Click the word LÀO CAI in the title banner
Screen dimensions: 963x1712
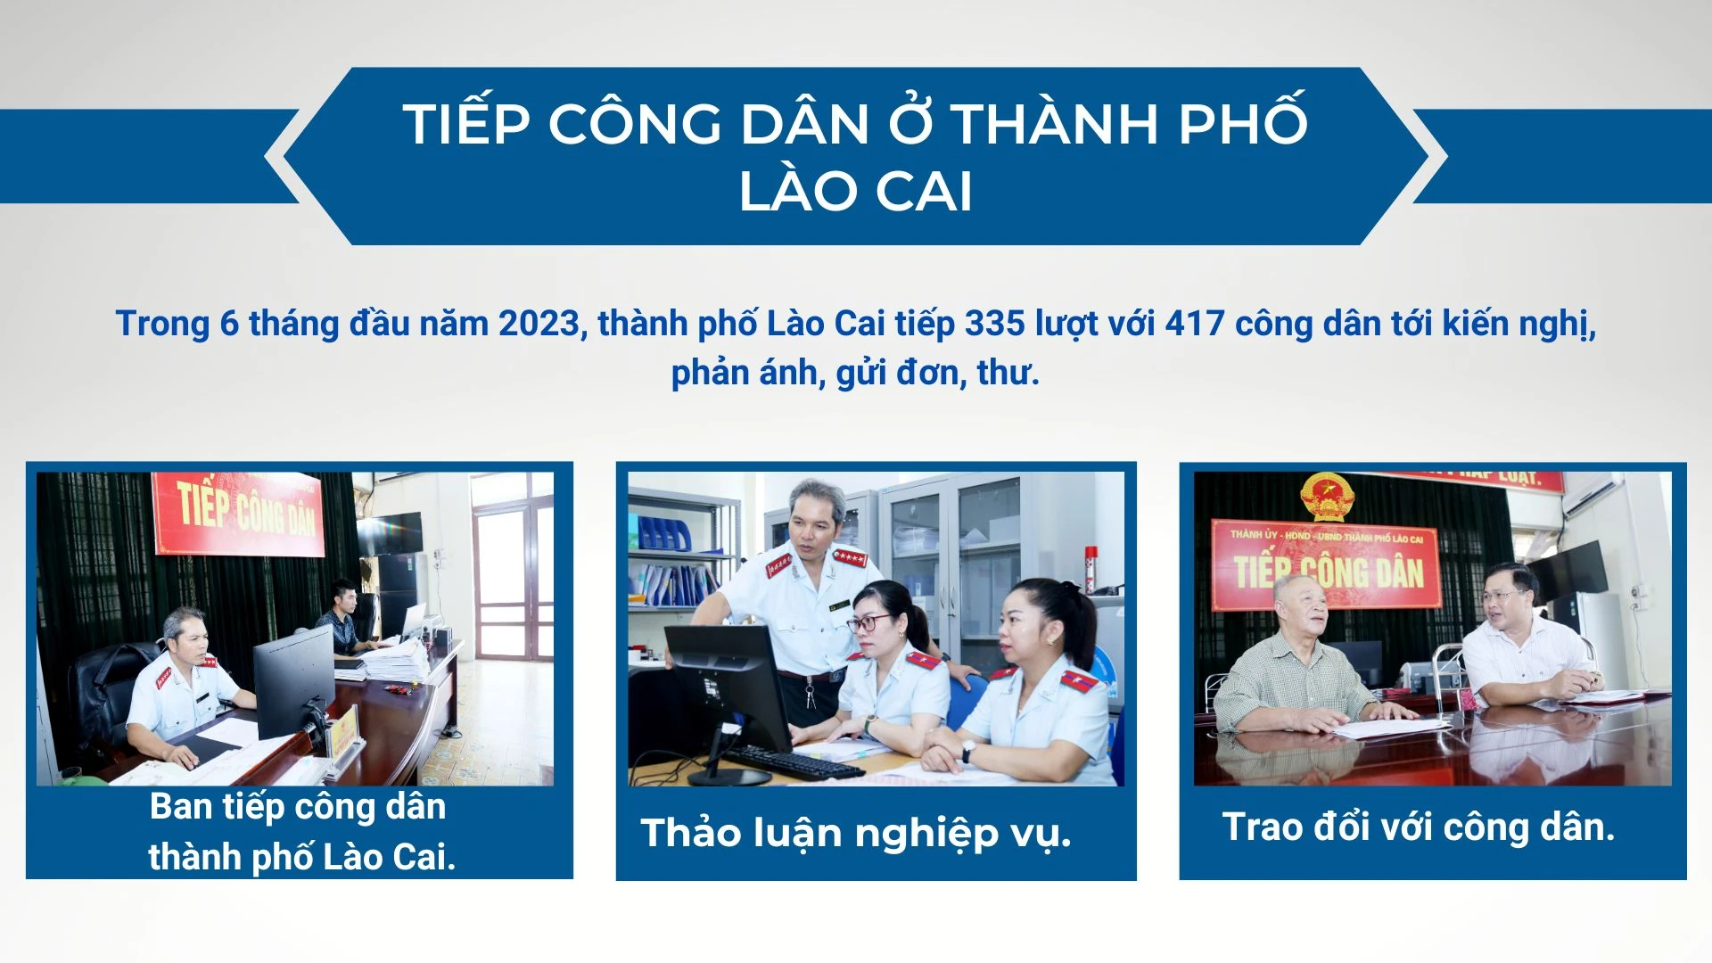(x=855, y=191)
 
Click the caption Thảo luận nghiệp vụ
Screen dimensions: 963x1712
(x=855, y=833)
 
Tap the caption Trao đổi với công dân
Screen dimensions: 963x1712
(x=1418, y=827)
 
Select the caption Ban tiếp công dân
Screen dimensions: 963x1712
(x=298, y=807)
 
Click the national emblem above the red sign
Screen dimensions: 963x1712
(x=1327, y=497)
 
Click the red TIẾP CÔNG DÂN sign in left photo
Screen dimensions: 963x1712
(x=239, y=514)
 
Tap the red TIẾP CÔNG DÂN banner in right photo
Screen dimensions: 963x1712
(x=1327, y=565)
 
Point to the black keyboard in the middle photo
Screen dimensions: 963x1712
(x=794, y=761)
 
